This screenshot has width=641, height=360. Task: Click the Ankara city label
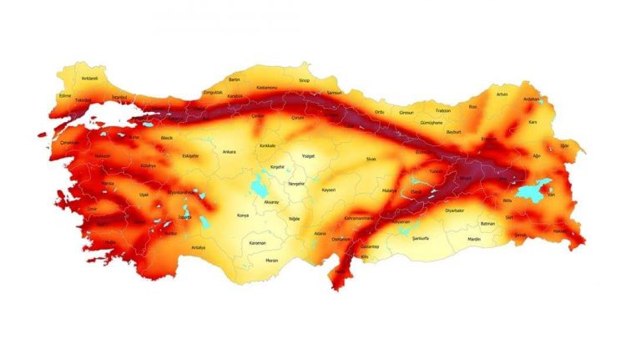click(229, 152)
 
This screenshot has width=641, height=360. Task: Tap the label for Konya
click(243, 215)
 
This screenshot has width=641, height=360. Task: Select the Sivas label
click(371, 158)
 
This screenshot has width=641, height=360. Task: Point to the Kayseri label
click(328, 190)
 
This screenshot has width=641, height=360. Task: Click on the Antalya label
click(198, 247)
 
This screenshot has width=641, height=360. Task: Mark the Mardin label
click(474, 240)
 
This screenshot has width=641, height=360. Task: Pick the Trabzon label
click(443, 111)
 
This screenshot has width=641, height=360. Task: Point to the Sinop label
click(304, 81)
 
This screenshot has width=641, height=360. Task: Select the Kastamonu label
click(266, 87)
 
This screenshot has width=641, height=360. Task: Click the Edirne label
click(65, 95)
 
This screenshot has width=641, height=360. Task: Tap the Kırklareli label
click(89, 78)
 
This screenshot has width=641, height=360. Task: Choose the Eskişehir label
click(191, 156)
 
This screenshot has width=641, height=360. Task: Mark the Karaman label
click(258, 243)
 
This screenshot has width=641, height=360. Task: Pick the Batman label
click(487, 224)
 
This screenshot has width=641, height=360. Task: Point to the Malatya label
click(389, 191)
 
